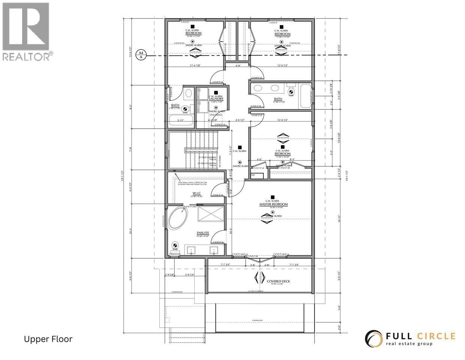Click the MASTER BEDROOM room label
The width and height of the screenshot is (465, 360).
273,204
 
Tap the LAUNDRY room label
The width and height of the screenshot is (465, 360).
216,99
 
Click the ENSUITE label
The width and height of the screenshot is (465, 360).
202,233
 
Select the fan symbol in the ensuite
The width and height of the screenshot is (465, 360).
175,246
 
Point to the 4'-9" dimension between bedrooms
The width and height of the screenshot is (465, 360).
237,66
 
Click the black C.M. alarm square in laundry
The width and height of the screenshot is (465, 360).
216,92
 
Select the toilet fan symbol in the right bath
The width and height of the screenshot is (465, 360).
291,91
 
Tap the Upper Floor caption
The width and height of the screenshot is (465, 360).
48,339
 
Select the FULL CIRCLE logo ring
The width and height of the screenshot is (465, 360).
373,338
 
